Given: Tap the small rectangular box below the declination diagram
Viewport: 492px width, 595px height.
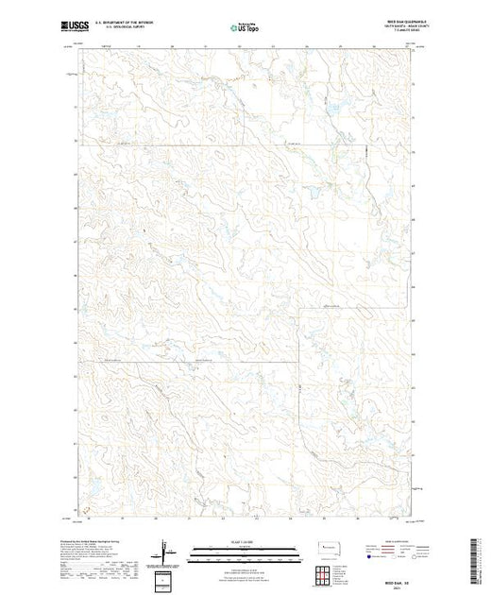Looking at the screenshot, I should pyautogui.click(x=166, y=576).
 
